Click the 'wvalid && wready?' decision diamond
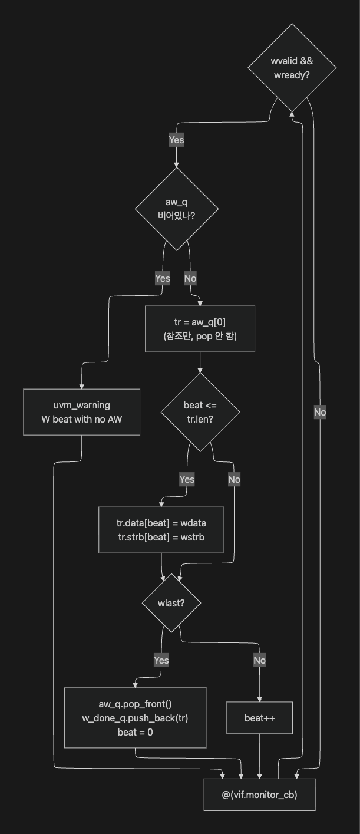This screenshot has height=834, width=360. [x=292, y=68]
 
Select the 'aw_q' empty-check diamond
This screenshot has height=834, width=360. [x=176, y=209]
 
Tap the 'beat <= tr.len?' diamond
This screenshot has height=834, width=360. [x=200, y=412]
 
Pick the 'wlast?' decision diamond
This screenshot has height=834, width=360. [x=171, y=603]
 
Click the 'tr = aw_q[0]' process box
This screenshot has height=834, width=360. [x=200, y=329]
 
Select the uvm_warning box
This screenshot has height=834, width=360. [x=81, y=412]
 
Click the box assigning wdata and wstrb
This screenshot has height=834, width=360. [x=161, y=530]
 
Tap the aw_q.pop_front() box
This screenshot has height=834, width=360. [x=135, y=718]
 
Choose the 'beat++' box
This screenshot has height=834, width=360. [x=259, y=718]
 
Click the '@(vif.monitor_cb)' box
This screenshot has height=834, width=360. [x=259, y=795]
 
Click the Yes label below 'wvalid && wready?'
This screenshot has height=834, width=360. [x=176, y=140]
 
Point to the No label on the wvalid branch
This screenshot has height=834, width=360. [x=320, y=412]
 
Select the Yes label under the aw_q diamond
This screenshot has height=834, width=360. [x=163, y=278]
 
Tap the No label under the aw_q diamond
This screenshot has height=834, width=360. [x=190, y=278]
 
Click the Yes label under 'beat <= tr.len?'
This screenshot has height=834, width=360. [x=187, y=479]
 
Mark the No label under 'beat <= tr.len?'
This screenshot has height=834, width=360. [x=234, y=479]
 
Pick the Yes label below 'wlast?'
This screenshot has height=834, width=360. [x=161, y=660]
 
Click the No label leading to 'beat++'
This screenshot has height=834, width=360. [x=259, y=660]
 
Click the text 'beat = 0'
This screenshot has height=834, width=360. [x=135, y=732]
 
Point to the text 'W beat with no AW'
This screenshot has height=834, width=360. [x=81, y=419]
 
